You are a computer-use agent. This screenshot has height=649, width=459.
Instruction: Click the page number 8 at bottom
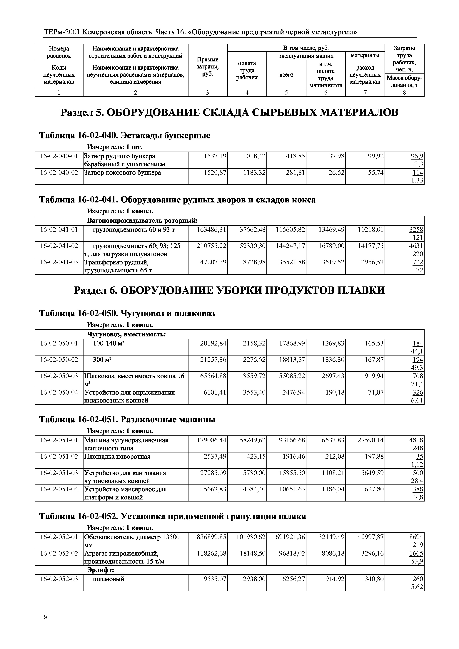point(46,618)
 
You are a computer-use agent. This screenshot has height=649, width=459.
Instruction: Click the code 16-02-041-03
point(59,262)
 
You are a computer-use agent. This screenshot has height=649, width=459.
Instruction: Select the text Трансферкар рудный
point(116,262)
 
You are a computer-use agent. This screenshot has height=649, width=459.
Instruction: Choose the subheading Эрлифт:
point(100,570)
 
